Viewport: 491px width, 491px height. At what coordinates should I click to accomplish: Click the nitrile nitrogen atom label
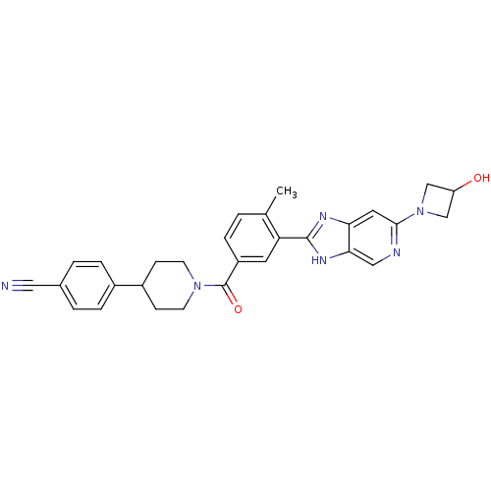pos(5,286)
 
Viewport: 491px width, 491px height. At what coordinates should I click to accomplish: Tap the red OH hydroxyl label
pos(481,178)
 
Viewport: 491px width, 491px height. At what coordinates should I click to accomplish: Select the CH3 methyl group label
pos(287,191)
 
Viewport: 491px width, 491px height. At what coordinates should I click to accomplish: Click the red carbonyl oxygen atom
pos(238,309)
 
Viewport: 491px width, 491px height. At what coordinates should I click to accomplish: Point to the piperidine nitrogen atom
pos(197,286)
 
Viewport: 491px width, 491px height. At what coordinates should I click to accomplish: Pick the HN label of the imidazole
pos(319,260)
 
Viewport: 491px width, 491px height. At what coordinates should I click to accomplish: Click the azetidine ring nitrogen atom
pos(420,211)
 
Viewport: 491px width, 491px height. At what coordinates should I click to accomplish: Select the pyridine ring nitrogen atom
pos(397,252)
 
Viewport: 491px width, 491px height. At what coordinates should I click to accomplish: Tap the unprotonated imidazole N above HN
pos(323,216)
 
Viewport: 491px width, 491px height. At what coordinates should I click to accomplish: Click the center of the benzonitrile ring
pos(87,286)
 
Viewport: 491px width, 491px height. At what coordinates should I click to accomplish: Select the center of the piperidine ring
pos(170,286)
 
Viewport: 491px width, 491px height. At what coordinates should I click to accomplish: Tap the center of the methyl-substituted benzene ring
pos(251,238)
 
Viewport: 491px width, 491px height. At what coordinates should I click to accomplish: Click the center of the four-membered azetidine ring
pos(437,200)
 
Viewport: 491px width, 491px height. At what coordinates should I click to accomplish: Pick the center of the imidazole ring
pos(332,239)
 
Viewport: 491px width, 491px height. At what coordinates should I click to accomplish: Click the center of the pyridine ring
pos(373,238)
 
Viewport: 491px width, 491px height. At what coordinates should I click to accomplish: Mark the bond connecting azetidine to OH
pos(464,185)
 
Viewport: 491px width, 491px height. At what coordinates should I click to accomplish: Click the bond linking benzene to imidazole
pos(294,238)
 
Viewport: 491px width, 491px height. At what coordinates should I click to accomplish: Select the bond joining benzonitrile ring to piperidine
pos(129,286)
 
